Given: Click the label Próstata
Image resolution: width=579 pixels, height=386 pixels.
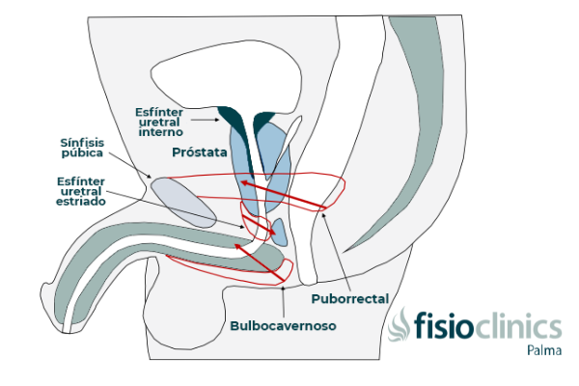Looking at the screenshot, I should tap(199, 152).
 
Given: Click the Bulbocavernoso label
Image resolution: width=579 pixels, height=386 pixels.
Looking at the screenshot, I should tap(283, 326).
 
